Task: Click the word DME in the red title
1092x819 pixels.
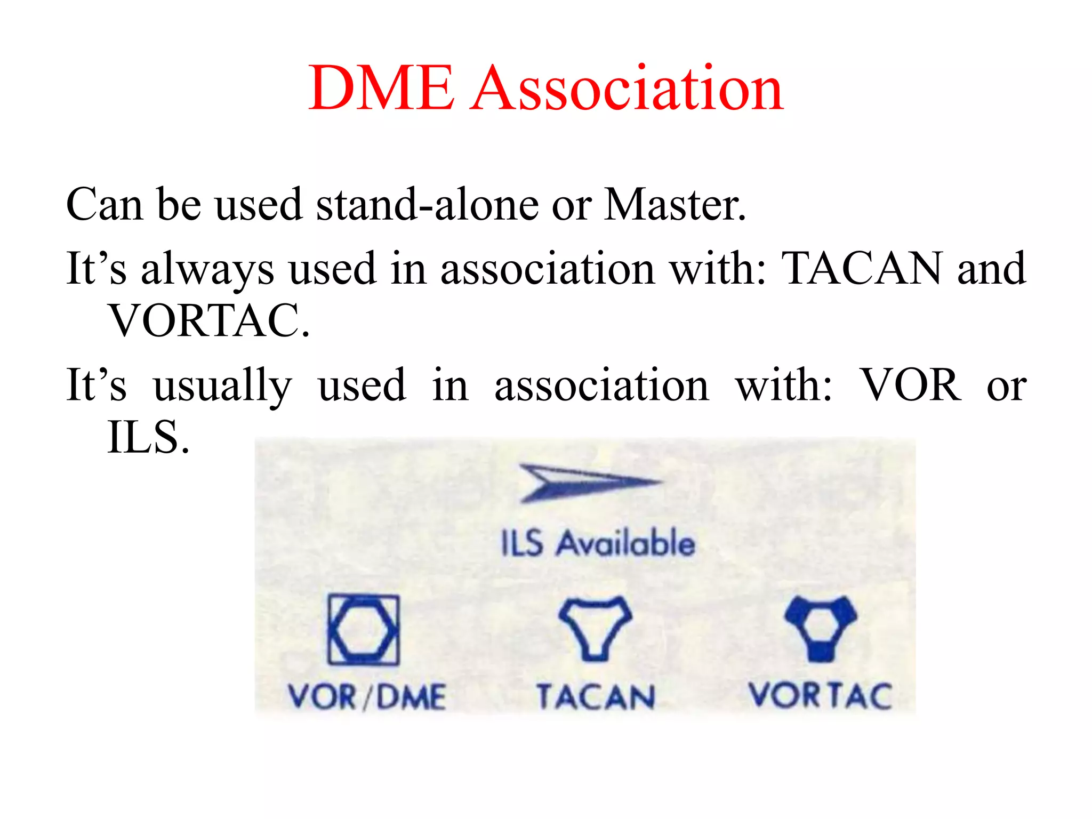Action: (382, 88)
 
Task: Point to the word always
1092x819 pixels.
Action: (207, 269)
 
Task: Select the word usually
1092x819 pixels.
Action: (222, 386)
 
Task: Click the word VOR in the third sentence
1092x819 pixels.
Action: (912, 385)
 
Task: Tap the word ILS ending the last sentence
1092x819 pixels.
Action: (148, 437)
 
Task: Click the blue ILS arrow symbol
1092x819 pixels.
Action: (589, 483)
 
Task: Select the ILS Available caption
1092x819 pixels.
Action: (598, 543)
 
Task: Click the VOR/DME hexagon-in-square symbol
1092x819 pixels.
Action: (363, 630)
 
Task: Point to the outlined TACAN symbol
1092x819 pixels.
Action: (595, 628)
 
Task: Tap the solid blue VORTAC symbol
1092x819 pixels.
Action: (821, 628)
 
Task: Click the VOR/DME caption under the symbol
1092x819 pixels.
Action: (367, 696)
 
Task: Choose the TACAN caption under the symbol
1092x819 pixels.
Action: (596, 696)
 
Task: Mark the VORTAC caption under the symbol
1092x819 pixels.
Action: (820, 695)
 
